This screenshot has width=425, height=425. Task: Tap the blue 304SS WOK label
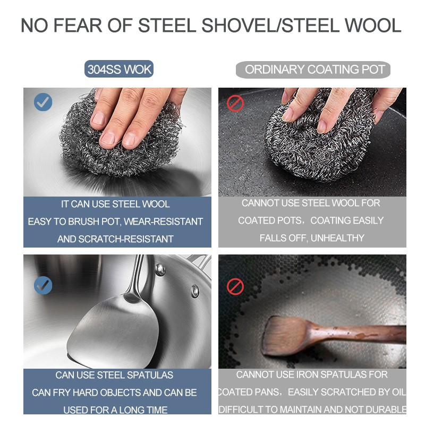click(119, 69)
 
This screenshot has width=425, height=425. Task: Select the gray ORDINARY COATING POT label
click(313, 70)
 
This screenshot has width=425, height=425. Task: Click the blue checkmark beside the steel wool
click(43, 102)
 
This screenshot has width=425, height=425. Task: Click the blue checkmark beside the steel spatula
click(43, 285)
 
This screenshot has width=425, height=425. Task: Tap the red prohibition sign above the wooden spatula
click(235, 286)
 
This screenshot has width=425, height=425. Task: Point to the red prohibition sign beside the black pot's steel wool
click(235, 103)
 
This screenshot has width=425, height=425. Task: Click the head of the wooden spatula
click(287, 336)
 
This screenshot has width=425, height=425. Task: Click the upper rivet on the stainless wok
click(160, 269)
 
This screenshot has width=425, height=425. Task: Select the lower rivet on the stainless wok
click(195, 291)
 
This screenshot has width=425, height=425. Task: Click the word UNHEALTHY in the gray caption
click(338, 238)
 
